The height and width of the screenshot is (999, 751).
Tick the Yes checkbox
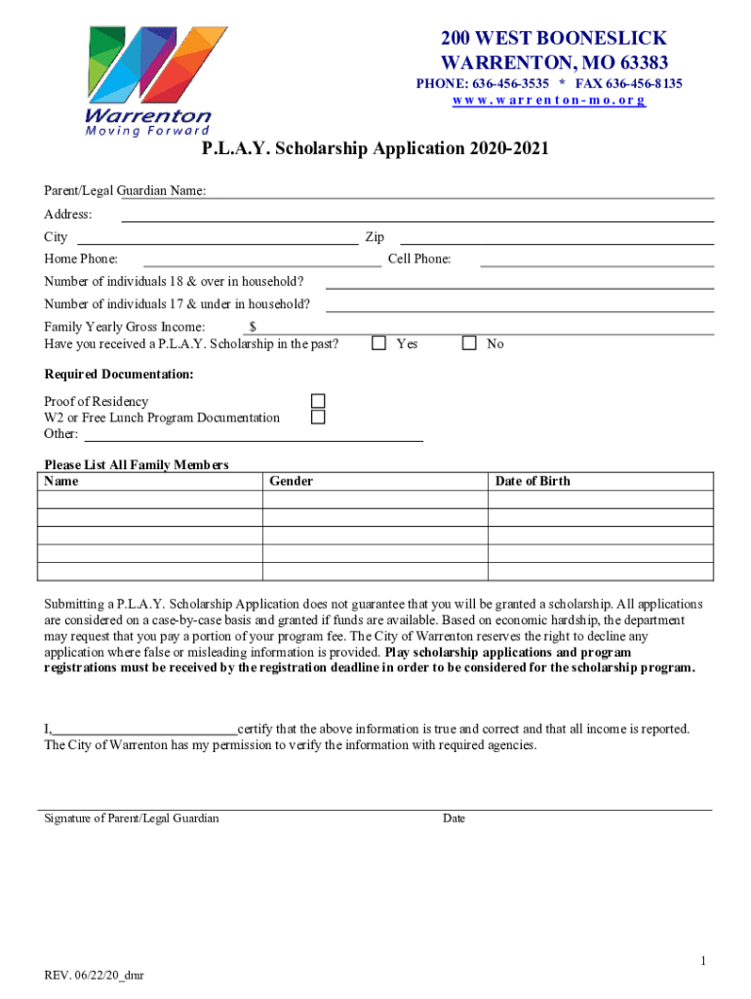click(x=379, y=343)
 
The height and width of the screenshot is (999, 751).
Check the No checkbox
click(x=469, y=343)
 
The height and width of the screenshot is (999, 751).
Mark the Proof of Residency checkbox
click(x=318, y=401)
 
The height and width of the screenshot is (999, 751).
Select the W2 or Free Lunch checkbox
click(x=318, y=418)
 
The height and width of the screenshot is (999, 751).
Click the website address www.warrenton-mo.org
click(x=548, y=100)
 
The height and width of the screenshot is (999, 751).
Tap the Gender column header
click(x=291, y=481)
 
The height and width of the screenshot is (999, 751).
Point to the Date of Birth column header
click(x=533, y=481)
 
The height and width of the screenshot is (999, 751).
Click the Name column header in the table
click(x=61, y=481)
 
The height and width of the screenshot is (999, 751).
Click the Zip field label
click(x=375, y=237)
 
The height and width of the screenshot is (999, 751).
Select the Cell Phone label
click(x=419, y=260)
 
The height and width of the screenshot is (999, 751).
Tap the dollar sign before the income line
click(x=253, y=327)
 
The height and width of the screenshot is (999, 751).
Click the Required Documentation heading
click(x=119, y=375)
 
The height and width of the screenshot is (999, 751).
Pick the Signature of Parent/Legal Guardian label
click(x=132, y=819)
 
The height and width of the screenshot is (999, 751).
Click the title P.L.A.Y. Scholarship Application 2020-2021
click(x=375, y=149)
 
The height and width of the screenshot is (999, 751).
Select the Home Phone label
click(x=81, y=260)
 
